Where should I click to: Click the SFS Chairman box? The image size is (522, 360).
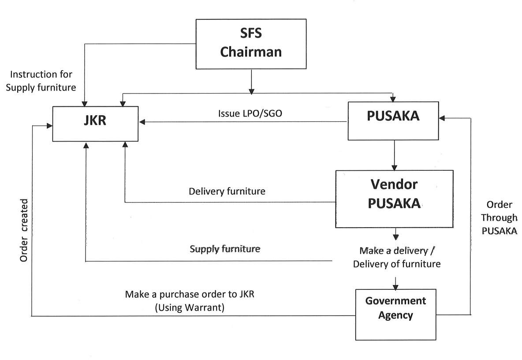tap(251, 44)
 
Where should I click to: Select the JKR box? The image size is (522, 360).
tap(95, 124)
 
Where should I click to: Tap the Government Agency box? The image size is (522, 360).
tap(395, 315)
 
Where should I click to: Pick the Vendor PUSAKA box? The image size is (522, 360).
tap(394, 199)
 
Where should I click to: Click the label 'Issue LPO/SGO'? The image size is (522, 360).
tap(250, 113)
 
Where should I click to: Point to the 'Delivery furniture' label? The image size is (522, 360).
tap(227, 191)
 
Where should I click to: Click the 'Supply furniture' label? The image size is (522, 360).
tap(225, 249)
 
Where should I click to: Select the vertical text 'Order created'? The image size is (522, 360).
tap(24, 230)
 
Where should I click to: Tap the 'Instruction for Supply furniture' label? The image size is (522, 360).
tap(41, 81)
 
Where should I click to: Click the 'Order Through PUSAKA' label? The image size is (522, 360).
tap(499, 217)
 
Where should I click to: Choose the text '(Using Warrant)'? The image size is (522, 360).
tap(190, 307)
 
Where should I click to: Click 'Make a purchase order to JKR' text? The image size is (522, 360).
tap(190, 294)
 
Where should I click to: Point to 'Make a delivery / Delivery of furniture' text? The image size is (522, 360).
tap(396, 257)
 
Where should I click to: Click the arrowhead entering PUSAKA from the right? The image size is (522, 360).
tap(442, 118)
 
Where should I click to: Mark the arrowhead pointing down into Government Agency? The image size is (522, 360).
tap(395, 286)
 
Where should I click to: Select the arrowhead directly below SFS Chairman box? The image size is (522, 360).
tap(251, 91)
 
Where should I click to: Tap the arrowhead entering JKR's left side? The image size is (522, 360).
tap(50, 126)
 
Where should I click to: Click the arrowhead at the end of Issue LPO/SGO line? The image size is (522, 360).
tap(142, 122)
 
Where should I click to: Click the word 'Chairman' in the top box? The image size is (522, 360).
tap(251, 52)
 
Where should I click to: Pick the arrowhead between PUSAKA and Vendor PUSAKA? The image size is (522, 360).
tap(395, 167)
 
